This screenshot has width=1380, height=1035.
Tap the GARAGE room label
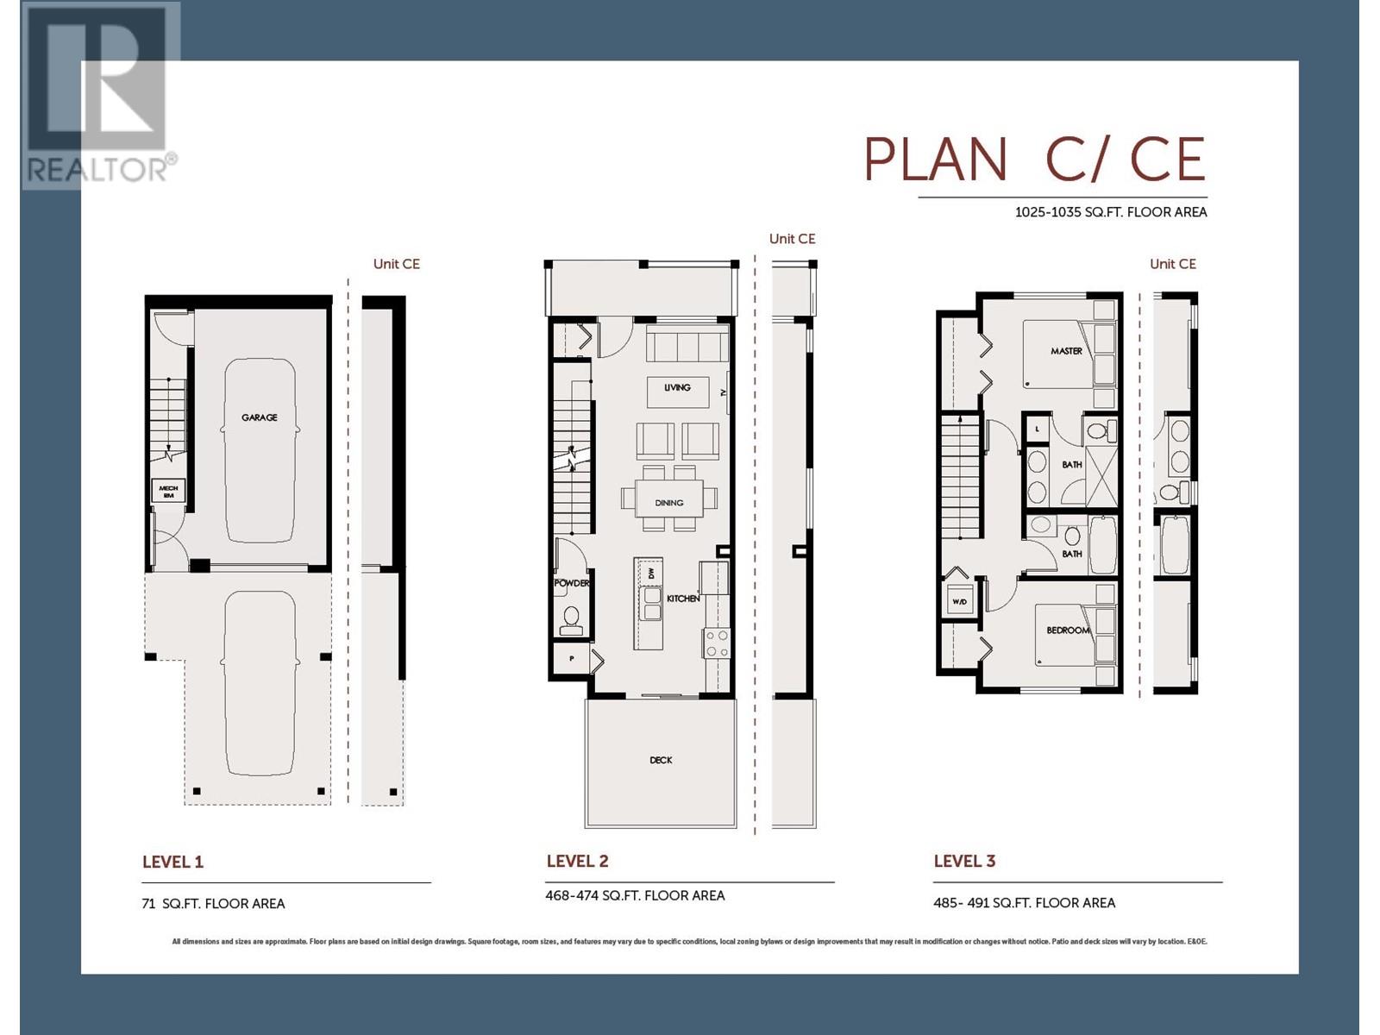click(x=259, y=417)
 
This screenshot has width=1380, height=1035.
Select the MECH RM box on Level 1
click(x=168, y=492)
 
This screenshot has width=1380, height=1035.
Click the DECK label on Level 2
click(x=661, y=760)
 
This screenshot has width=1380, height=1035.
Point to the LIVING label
click(x=677, y=388)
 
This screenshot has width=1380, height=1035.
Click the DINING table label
click(x=668, y=502)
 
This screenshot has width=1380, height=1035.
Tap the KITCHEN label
click(x=682, y=598)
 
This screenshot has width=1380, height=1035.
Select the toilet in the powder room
click(x=571, y=618)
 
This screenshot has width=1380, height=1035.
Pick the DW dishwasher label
click(x=651, y=573)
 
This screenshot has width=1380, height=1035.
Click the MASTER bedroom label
click(x=1066, y=351)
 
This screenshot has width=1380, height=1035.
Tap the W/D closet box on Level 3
click(x=959, y=600)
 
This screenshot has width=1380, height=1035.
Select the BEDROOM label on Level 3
click(x=1068, y=630)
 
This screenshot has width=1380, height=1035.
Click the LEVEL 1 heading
click(x=172, y=862)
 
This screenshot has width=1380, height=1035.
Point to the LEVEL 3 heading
click(x=964, y=861)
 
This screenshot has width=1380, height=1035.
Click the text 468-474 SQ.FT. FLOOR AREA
click(x=635, y=895)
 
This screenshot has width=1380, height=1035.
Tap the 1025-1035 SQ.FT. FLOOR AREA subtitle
click(x=1110, y=212)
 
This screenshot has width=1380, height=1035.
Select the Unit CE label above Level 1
click(x=396, y=264)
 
